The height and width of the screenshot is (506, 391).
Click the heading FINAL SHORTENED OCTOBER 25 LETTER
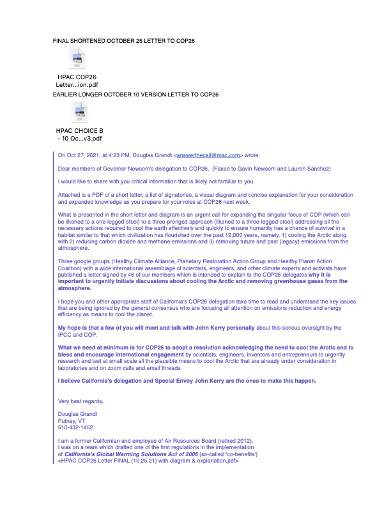coord(123,41)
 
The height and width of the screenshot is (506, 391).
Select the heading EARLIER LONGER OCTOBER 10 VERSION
coord(135,95)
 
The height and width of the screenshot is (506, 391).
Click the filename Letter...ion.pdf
coord(77,84)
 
